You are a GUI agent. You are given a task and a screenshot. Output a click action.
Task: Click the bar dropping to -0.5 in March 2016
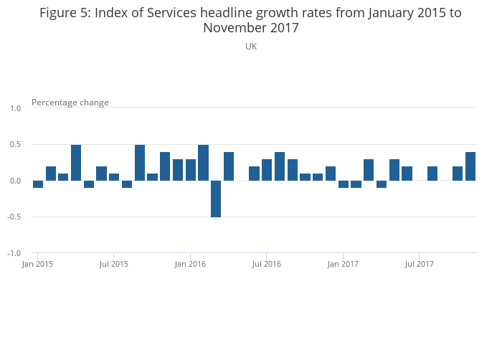point(216,199)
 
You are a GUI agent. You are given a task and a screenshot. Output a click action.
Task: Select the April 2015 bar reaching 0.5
point(76,163)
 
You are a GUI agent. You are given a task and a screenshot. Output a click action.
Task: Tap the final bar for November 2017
point(470,166)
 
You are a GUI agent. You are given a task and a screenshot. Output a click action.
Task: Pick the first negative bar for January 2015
point(38,184)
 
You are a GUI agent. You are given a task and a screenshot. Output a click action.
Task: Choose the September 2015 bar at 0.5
point(140,163)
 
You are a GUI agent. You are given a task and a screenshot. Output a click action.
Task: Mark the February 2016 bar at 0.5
point(203,163)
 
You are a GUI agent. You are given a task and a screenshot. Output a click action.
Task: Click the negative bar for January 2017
point(343,184)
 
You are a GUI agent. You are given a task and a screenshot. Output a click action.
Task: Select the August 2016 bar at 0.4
point(280,166)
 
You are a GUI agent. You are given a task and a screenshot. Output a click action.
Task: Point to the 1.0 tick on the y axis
point(15,108)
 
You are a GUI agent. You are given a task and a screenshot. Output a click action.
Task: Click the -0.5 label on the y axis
point(14,217)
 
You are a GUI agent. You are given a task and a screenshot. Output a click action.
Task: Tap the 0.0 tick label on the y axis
point(15,181)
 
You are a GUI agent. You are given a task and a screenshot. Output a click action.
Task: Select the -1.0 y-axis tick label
point(14,254)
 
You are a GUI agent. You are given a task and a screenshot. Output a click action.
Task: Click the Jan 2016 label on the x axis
point(190,265)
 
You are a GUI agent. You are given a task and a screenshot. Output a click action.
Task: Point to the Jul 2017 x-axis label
point(420,265)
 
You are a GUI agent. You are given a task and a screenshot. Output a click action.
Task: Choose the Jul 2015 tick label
point(114,265)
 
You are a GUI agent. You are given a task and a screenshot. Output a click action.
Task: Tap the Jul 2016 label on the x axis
point(267,265)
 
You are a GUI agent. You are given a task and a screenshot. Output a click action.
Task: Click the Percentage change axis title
point(70,103)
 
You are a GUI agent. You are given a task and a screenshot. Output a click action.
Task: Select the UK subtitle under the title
point(251,47)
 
